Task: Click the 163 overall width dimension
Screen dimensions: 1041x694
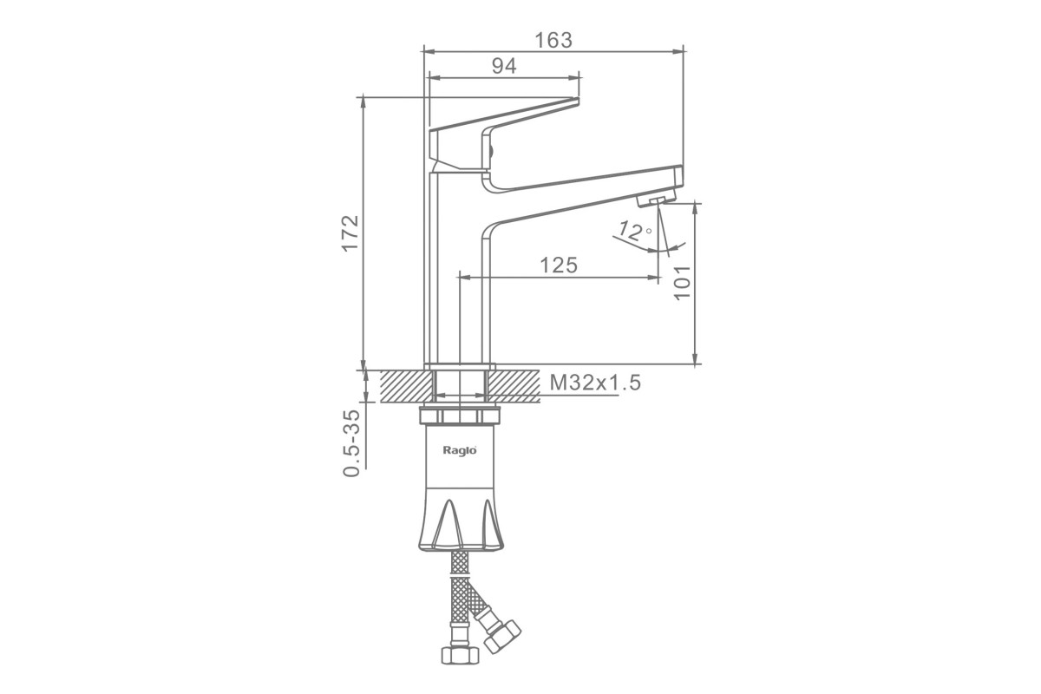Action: tap(553, 41)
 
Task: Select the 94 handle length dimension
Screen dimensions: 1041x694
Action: tap(504, 67)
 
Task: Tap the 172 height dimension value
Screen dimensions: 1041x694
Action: tap(350, 233)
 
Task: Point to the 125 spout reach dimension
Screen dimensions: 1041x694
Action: tap(559, 265)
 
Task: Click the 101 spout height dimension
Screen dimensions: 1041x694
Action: tap(682, 283)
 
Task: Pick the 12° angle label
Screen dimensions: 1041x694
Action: tap(634, 231)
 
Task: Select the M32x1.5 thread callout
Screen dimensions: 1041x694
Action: tap(595, 383)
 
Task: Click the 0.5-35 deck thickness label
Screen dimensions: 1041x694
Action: tap(351, 443)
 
